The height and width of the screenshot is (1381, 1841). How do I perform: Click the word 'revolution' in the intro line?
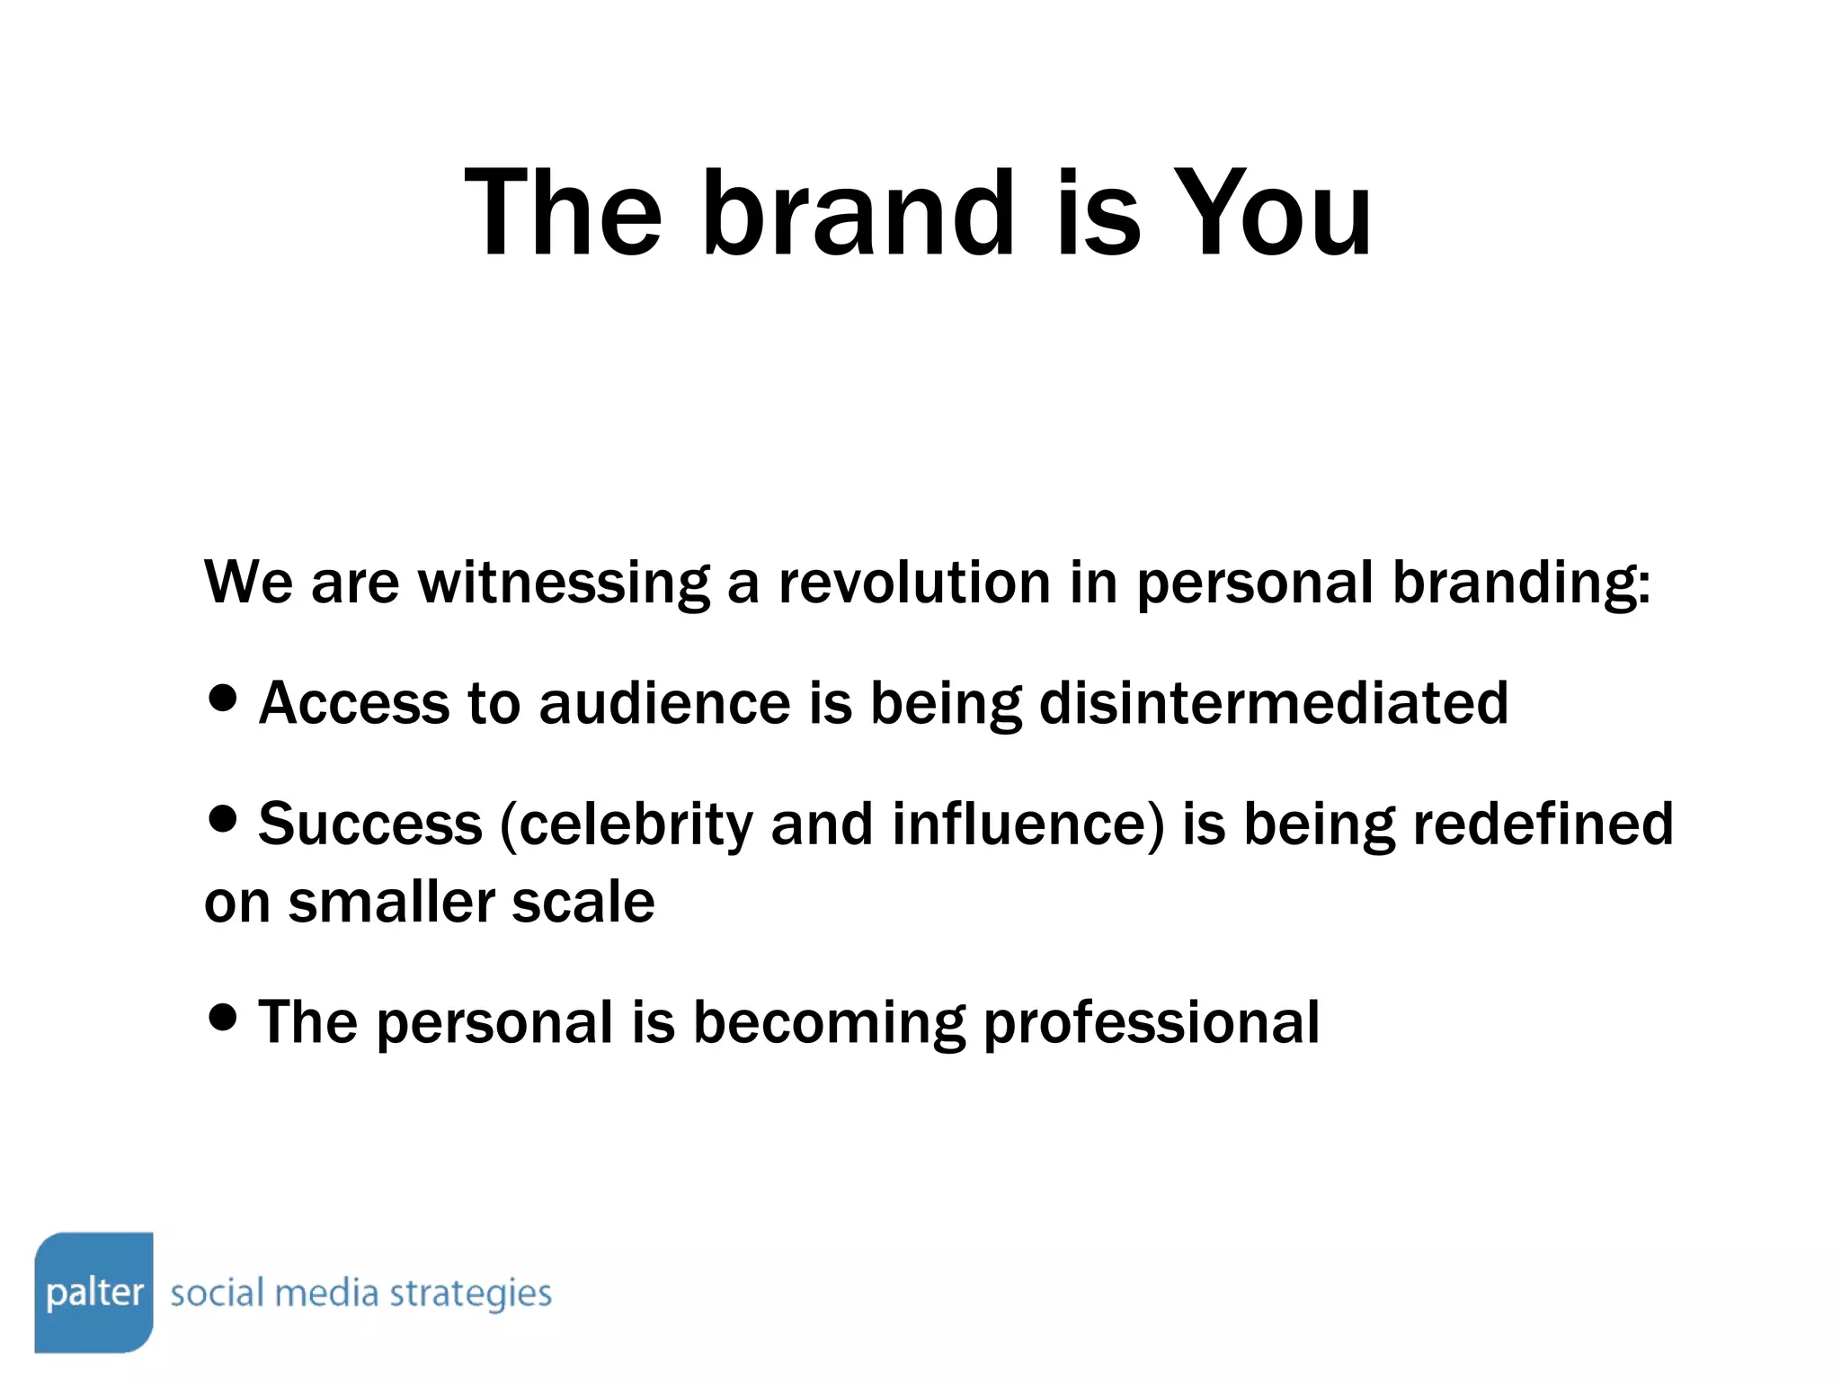tap(913, 582)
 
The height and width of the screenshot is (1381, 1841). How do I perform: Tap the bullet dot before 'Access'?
tap(222, 697)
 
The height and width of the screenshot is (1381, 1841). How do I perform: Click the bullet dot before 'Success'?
tap(222, 818)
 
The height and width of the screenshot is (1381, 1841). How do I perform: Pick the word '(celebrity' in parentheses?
tap(625, 825)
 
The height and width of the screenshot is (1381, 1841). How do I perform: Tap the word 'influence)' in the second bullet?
tap(1027, 825)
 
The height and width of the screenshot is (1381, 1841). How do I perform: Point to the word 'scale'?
tap(583, 902)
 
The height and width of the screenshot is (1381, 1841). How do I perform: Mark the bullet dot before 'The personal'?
tap(222, 1017)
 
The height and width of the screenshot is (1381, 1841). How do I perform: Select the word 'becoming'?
tap(828, 1024)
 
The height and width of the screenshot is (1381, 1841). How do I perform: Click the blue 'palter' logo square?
tap(94, 1291)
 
